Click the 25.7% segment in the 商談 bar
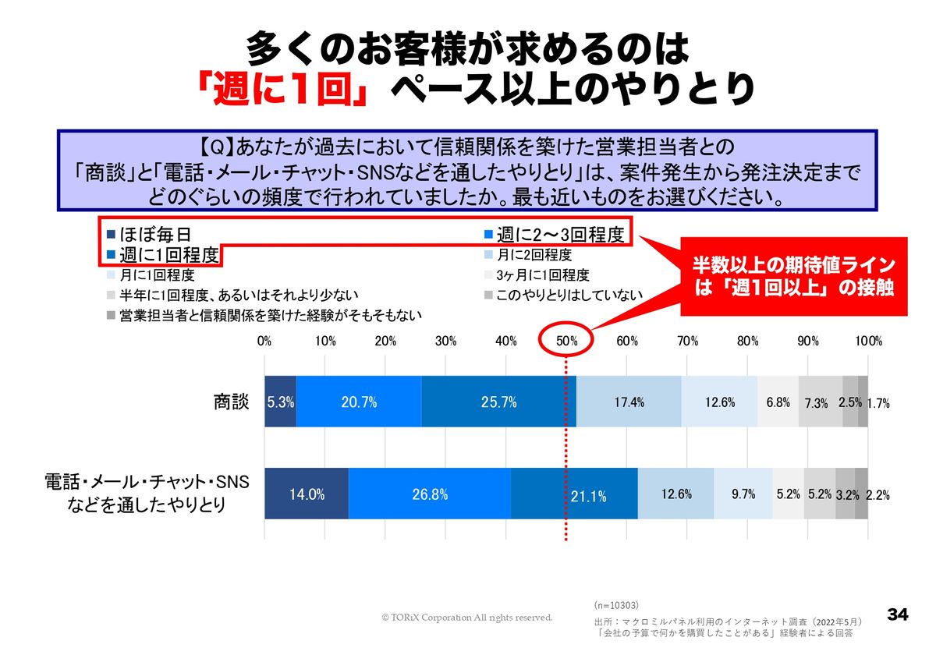[498, 402]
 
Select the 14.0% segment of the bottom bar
[307, 494]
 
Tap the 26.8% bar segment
[430, 494]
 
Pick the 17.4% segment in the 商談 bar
[629, 402]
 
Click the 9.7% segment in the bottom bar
[743, 494]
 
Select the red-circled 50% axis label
[567, 341]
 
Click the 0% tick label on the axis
[264, 341]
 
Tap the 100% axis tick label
[868, 341]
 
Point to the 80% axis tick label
[747, 341]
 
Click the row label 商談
[232, 402]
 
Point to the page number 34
[898, 614]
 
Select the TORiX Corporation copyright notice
[466, 618]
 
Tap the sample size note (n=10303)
[616, 604]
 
